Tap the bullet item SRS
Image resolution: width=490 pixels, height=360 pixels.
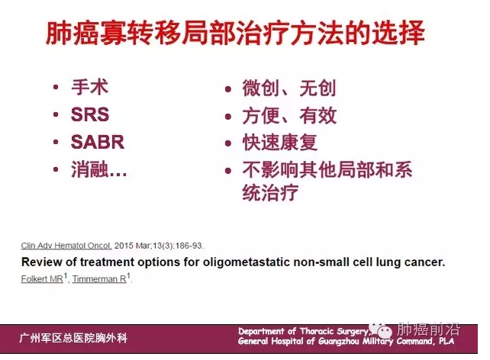pyautogui.click(x=90, y=115)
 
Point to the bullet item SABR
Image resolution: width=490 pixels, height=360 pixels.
pyautogui.click(x=98, y=143)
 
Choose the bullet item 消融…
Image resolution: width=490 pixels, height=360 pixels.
pyautogui.click(x=99, y=170)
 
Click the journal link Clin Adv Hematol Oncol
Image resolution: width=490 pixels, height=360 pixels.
pyautogui.click(x=66, y=246)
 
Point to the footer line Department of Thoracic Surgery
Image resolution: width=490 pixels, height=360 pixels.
pyautogui.click(x=305, y=331)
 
